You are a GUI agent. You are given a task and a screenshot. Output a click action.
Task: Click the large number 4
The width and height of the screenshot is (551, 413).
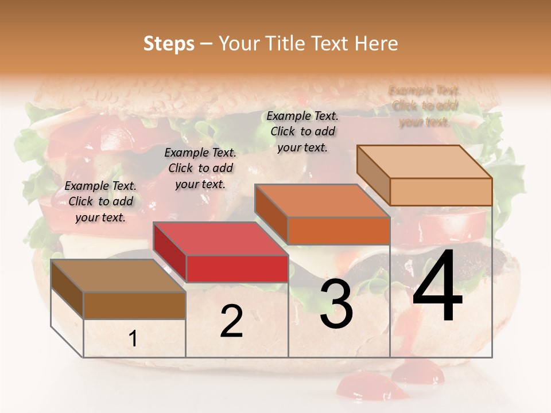pos(437,287)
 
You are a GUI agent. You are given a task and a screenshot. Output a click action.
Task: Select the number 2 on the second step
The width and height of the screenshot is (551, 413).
pos(231,321)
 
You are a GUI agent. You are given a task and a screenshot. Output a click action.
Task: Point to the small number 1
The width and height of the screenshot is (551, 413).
pos(133,339)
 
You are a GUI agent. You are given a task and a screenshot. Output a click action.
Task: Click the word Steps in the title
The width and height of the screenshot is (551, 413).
pos(169,44)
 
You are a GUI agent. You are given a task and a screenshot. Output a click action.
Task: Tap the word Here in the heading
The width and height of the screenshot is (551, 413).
pos(376,44)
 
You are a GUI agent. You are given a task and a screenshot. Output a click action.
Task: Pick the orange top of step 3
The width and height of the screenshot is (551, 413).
pos(321,201)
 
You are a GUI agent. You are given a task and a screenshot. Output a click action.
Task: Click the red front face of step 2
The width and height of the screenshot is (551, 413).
pos(237,268)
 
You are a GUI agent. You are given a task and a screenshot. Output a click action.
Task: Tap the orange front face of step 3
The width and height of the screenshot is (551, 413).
pos(339,231)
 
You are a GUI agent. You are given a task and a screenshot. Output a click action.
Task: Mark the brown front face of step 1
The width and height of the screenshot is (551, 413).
pos(134,305)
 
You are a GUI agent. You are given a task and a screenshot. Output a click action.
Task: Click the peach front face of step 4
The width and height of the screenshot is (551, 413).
pos(441,192)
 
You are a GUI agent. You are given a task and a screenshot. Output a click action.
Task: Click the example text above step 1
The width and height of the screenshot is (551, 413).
pos(100,201)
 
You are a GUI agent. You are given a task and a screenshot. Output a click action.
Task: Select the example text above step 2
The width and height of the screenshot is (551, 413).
pos(200,168)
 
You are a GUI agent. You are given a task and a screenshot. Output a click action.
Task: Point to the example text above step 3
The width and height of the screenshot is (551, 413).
pos(302,131)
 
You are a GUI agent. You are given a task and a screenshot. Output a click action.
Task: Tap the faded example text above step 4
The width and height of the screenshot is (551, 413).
pos(424,106)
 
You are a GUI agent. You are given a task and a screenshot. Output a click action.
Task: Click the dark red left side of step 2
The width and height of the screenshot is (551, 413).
pos(170,252)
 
